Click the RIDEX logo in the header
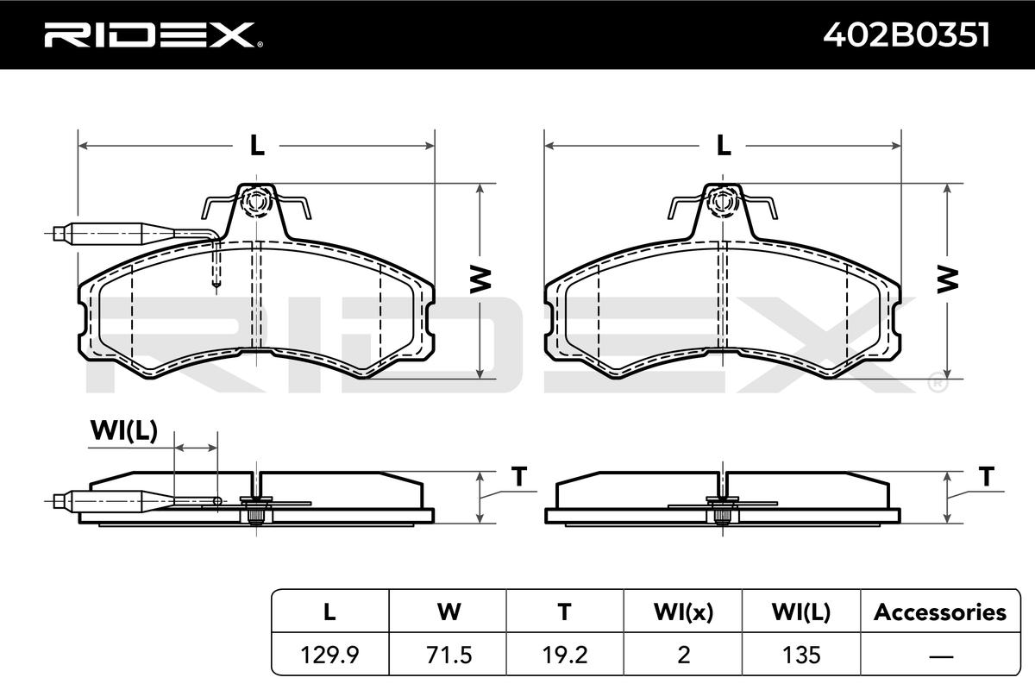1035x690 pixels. pyautogui.click(x=154, y=34)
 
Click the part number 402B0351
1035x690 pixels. pyautogui.click(x=906, y=34)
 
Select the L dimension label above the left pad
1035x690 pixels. pyautogui.click(x=257, y=145)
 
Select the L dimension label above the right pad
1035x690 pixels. pyautogui.click(x=724, y=145)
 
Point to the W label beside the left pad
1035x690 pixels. pyautogui.click(x=480, y=279)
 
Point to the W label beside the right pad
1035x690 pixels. pyautogui.click(x=948, y=279)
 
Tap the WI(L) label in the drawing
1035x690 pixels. pyautogui.click(x=124, y=430)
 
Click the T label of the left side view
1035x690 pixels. pyautogui.click(x=519, y=476)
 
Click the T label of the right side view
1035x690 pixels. pyautogui.click(x=987, y=476)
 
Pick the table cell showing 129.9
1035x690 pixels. pyautogui.click(x=329, y=655)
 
